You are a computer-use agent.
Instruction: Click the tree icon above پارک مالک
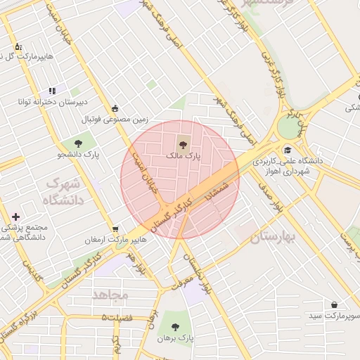(183, 144)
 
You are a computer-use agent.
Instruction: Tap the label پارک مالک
(183, 155)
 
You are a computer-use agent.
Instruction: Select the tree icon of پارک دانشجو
(77, 144)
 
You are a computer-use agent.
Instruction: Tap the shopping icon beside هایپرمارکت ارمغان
(115, 229)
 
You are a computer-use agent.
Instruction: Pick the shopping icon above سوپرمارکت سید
(333, 304)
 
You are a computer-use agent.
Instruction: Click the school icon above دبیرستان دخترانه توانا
(52, 91)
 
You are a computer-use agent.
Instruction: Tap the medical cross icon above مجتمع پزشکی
(16, 217)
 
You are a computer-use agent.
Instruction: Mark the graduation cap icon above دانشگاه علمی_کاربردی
(287, 150)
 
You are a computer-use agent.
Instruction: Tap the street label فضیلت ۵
(117, 318)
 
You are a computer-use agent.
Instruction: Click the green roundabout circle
(288, 127)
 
